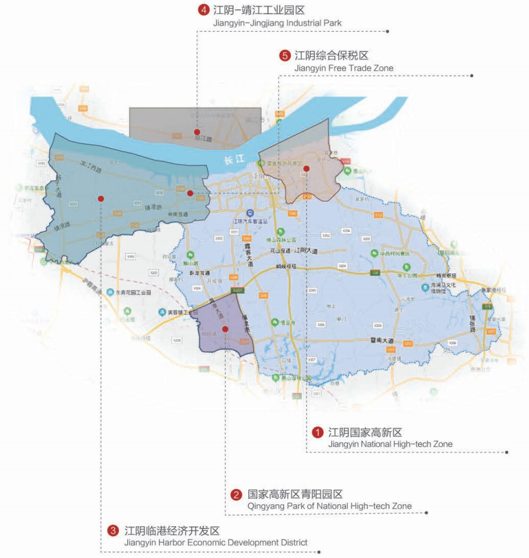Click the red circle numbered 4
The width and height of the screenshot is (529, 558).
(203, 11)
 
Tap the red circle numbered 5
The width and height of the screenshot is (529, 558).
(285, 55)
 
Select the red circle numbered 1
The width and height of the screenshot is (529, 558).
(318, 432)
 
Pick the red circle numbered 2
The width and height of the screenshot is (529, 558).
(236, 494)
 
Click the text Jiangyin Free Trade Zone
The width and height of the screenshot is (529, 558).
(343, 68)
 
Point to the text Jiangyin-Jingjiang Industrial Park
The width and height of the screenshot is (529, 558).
(278, 23)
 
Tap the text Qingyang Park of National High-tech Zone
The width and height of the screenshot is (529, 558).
(329, 506)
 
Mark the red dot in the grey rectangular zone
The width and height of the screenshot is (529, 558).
(196, 132)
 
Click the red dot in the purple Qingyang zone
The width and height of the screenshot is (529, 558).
(226, 329)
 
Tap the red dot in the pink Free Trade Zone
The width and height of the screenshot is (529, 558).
(306, 169)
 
